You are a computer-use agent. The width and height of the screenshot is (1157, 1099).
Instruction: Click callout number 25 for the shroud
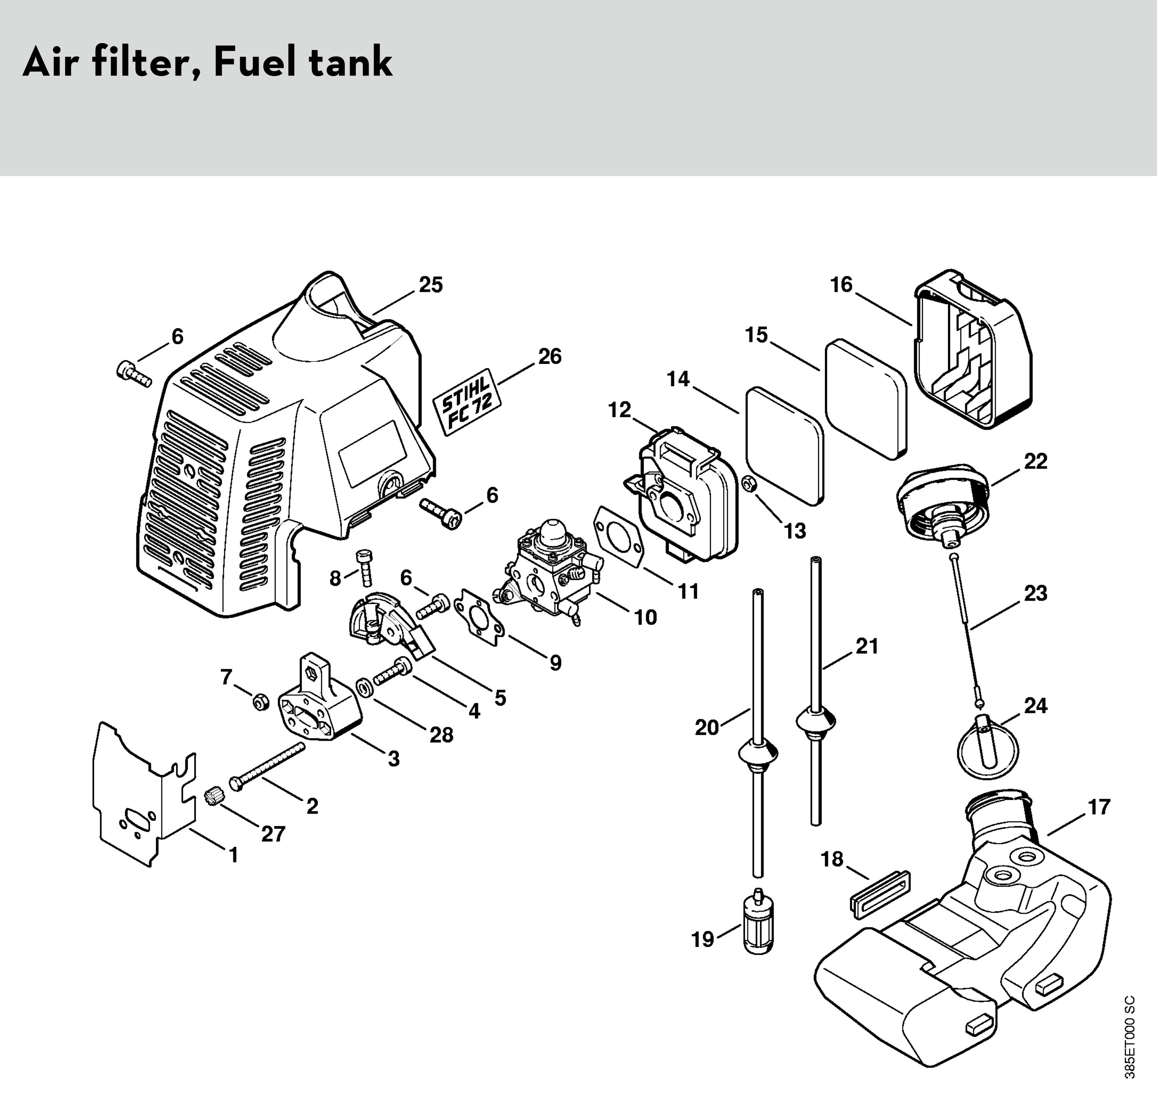(431, 285)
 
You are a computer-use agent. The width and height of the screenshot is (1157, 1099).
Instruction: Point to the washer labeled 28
(364, 686)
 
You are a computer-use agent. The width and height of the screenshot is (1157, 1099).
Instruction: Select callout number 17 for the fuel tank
(1099, 807)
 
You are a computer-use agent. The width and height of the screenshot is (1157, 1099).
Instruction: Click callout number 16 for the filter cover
(841, 285)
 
